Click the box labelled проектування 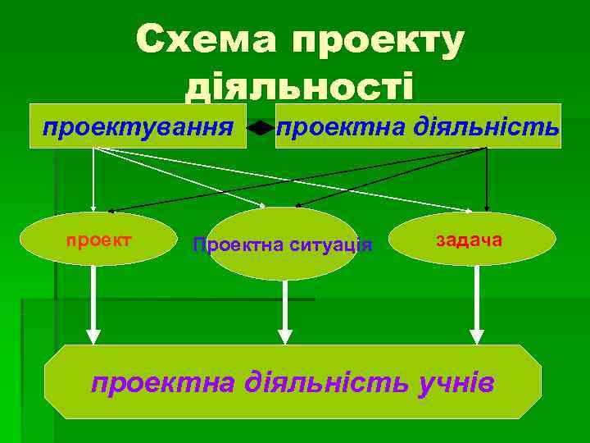(138, 126)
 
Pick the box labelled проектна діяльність (418, 126)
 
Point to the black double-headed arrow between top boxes (261, 128)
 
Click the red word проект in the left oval (99, 240)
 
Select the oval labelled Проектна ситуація (282, 243)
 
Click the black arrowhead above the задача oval (488, 208)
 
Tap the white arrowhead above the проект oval (93, 208)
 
